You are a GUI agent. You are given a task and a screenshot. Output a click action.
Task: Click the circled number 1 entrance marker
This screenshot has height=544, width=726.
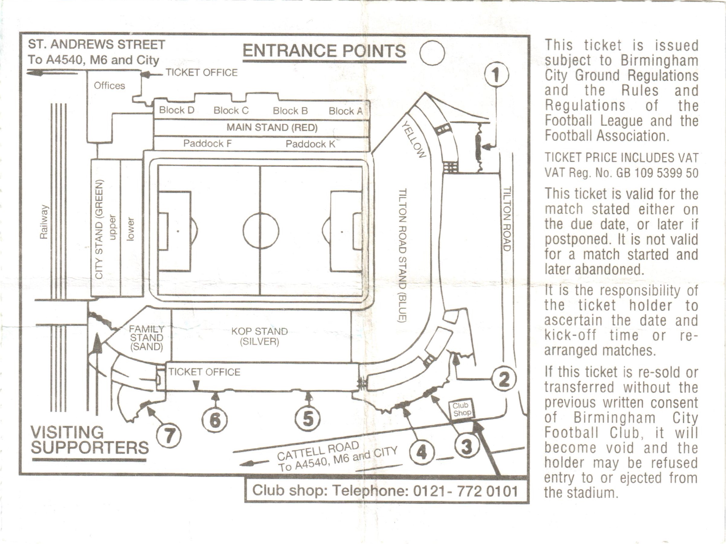click(x=496, y=75)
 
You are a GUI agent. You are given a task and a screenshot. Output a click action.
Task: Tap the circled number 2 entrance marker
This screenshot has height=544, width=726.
click(x=504, y=379)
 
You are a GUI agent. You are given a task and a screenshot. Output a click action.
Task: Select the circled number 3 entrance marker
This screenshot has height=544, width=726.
click(x=467, y=446)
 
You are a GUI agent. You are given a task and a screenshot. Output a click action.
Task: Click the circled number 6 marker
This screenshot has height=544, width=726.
click(x=215, y=420)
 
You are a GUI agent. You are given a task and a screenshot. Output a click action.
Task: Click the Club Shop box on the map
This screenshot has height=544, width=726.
click(x=461, y=409)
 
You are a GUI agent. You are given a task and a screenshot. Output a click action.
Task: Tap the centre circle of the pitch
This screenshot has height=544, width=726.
click(x=261, y=231)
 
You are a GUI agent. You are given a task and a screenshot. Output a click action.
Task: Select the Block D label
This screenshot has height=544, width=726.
click(x=177, y=110)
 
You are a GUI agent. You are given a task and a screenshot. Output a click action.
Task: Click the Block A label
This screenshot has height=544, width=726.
click(x=345, y=111)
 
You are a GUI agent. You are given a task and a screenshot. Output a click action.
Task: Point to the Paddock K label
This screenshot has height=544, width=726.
click(x=310, y=144)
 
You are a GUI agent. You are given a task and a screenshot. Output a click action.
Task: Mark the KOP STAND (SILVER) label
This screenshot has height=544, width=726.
click(x=259, y=337)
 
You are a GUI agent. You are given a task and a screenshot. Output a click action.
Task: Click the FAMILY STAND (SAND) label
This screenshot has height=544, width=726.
click(x=146, y=338)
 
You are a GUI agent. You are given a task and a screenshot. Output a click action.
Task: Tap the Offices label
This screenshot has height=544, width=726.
click(x=109, y=86)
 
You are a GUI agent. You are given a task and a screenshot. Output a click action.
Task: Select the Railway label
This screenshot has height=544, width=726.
click(x=44, y=222)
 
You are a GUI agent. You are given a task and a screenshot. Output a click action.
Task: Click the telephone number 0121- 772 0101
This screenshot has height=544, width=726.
click(x=465, y=491)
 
